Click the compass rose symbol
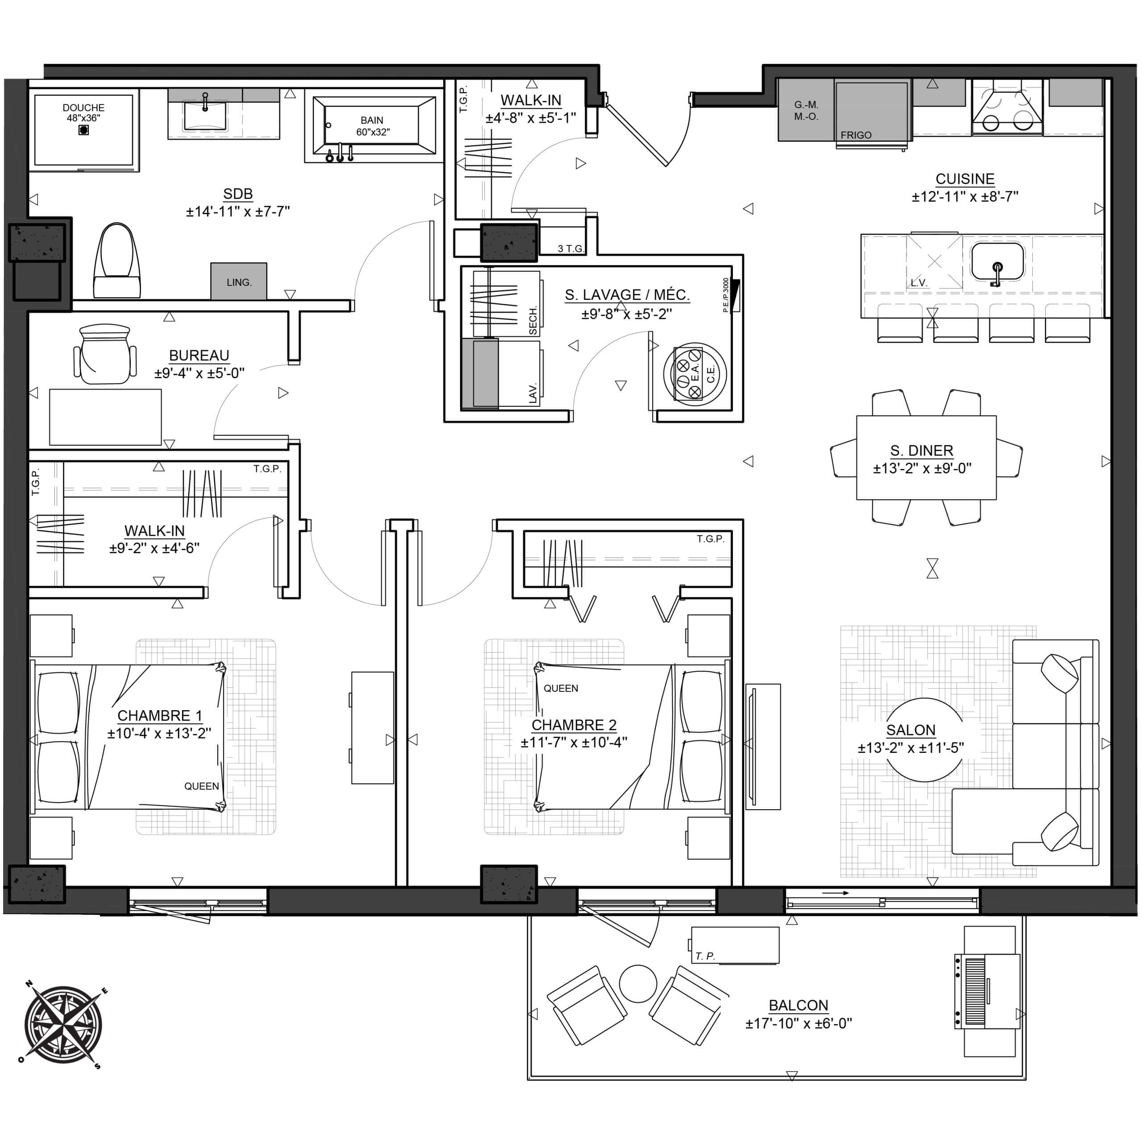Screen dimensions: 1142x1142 click(x=63, y=1024)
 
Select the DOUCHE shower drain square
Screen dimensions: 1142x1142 click(x=84, y=130)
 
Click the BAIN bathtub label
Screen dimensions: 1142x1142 click(x=372, y=120)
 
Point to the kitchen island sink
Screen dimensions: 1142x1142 click(x=997, y=261)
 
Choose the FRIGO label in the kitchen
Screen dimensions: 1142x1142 click(x=856, y=135)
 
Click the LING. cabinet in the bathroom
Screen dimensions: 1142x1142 click(x=239, y=281)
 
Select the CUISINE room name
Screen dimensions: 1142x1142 click(x=964, y=178)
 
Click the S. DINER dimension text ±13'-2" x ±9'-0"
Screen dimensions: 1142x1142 click(x=922, y=468)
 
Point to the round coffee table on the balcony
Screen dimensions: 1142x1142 click(x=638, y=983)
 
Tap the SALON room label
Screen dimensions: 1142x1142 click(x=911, y=730)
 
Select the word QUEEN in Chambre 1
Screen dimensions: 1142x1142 click(x=202, y=786)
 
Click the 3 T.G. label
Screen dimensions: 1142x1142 click(x=571, y=249)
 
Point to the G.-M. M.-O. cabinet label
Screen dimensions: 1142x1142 click(x=806, y=111)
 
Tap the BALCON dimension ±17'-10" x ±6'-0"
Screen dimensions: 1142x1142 click(x=799, y=1023)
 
